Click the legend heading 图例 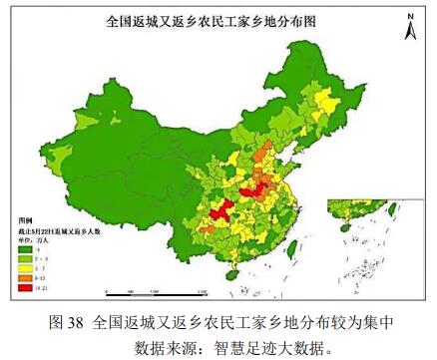click(x=27, y=215)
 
